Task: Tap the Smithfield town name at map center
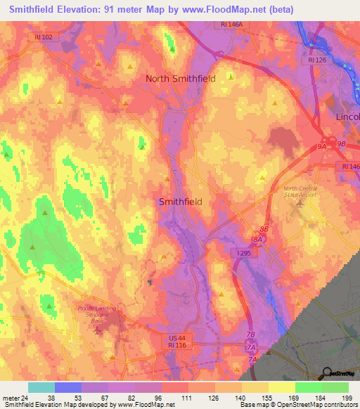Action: (x=181, y=202)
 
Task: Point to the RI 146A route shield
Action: (x=228, y=24)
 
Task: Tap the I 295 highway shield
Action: (x=239, y=251)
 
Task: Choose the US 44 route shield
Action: (x=176, y=339)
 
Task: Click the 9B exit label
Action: (x=342, y=143)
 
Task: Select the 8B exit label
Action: (x=264, y=229)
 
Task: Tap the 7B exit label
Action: (x=251, y=336)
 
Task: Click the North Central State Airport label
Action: (x=300, y=192)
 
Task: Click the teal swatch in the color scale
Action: (x=41, y=387)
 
